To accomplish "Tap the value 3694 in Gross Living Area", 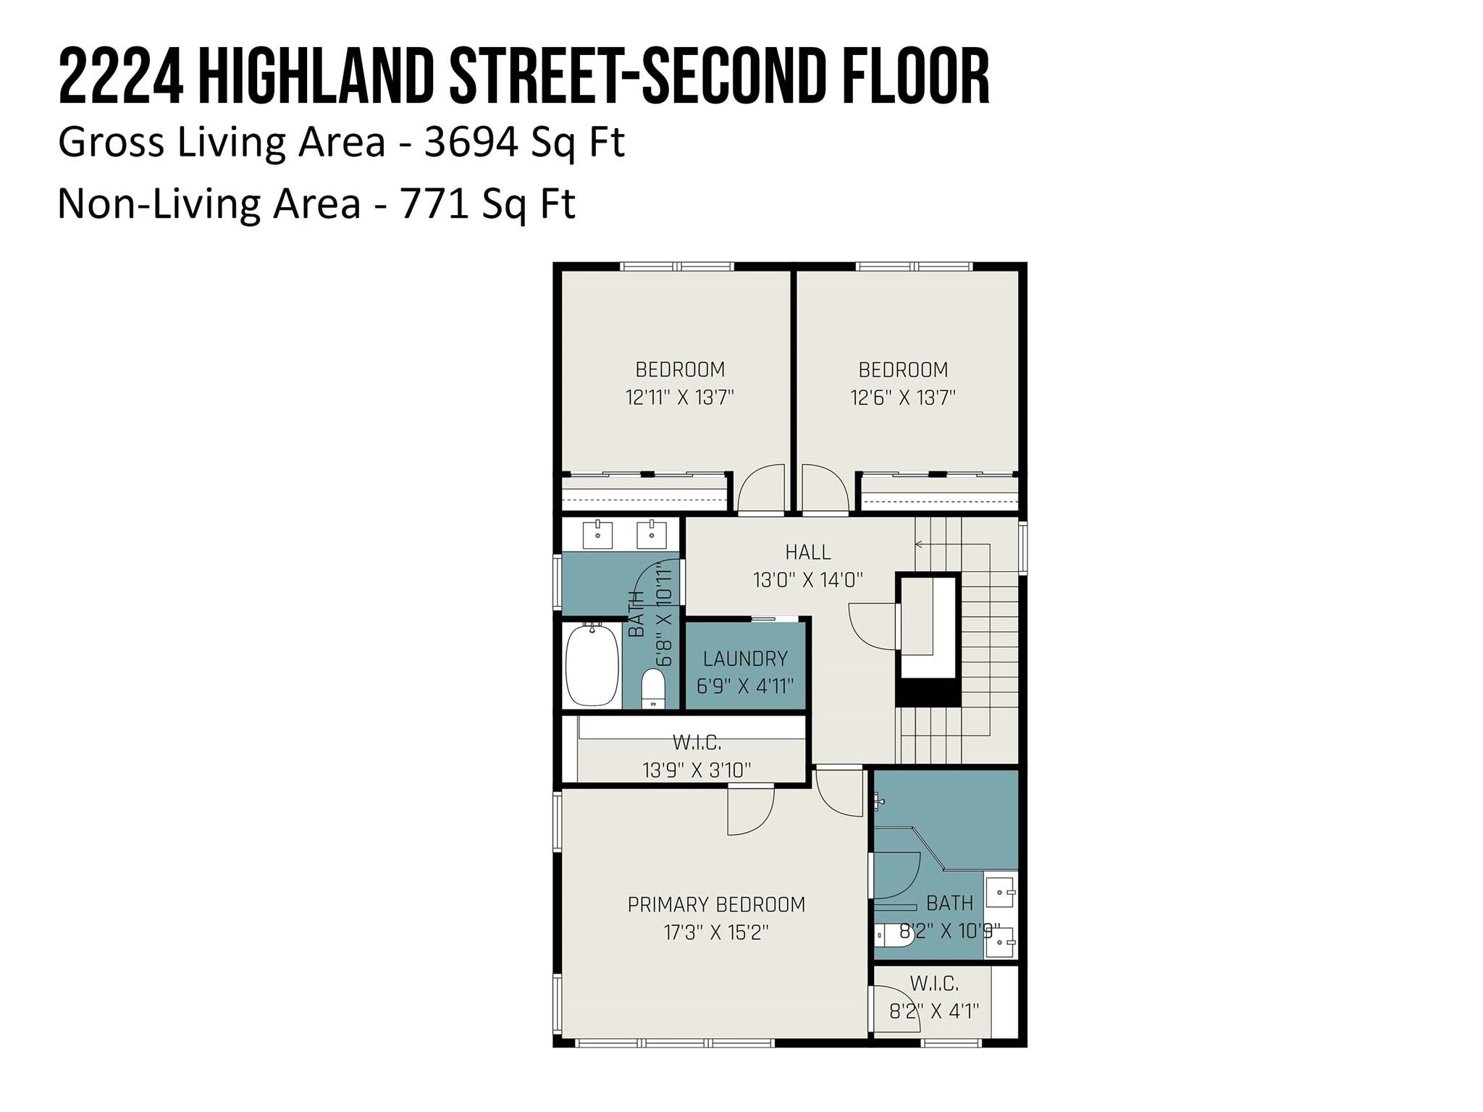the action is click(471, 142).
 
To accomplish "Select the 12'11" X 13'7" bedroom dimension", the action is click(680, 397).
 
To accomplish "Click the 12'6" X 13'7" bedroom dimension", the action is click(903, 397).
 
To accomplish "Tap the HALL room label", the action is click(808, 552).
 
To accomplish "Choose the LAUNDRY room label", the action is click(745, 659).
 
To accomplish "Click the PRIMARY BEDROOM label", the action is click(716, 904).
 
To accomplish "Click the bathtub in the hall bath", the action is click(592, 664).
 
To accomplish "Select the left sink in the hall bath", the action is click(598, 534).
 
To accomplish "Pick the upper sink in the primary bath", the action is click(1001, 890).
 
